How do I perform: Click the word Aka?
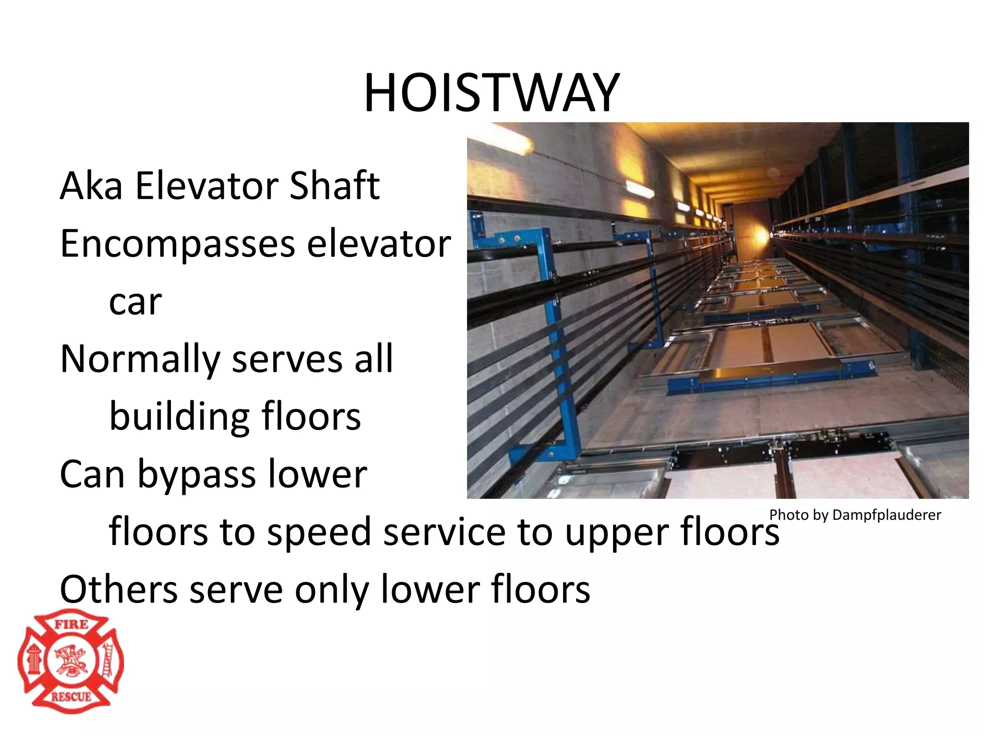91,186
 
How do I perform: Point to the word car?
135,302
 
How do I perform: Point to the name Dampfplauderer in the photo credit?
887,515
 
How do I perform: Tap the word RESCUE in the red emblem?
71,696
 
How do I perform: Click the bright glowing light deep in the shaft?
761,236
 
